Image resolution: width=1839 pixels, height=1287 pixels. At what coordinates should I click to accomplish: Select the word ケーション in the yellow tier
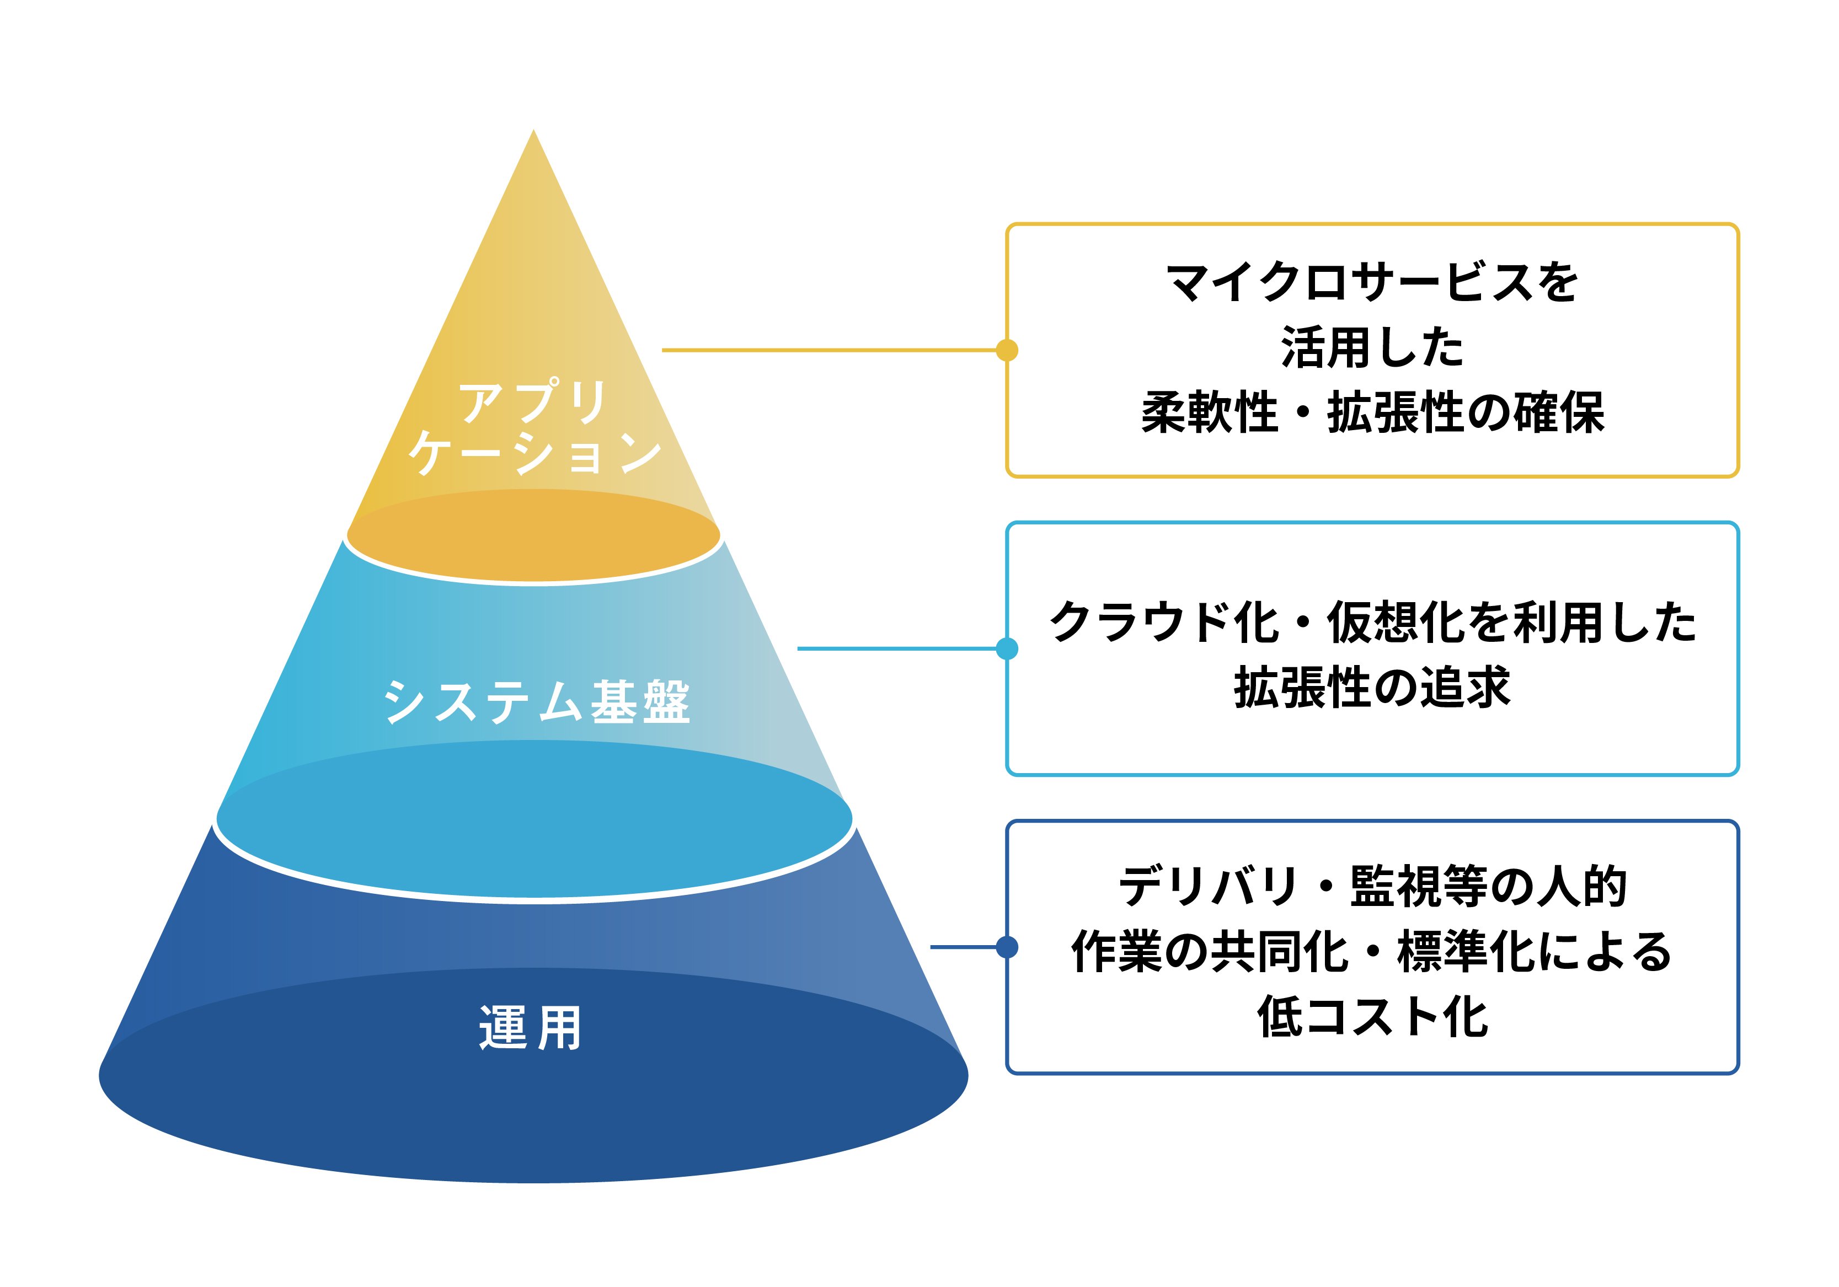coord(535,453)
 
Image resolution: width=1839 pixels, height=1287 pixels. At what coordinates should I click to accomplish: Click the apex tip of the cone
coord(533,130)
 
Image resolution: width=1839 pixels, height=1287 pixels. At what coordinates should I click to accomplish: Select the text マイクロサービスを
coord(1372,283)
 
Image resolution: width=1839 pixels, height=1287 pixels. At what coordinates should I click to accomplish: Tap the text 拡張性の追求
coord(1372,687)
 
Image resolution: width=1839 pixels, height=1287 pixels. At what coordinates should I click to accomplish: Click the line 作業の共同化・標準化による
coord(1372,952)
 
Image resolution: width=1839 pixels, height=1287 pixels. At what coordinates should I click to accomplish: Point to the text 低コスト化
coord(1372,1017)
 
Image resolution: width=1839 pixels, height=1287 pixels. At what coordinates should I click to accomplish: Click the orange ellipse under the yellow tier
coord(533,535)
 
